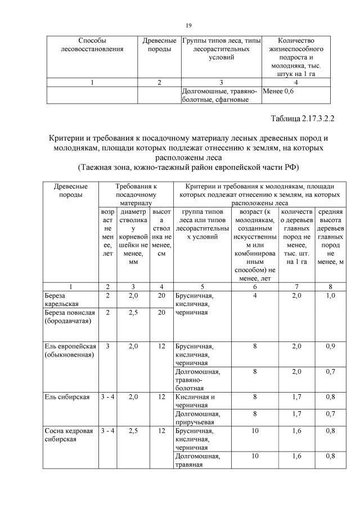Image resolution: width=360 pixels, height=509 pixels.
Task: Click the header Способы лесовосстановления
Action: pyautogui.click(x=92, y=45)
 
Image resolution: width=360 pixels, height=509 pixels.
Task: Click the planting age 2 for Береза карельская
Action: pyautogui.click(x=107, y=295)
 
